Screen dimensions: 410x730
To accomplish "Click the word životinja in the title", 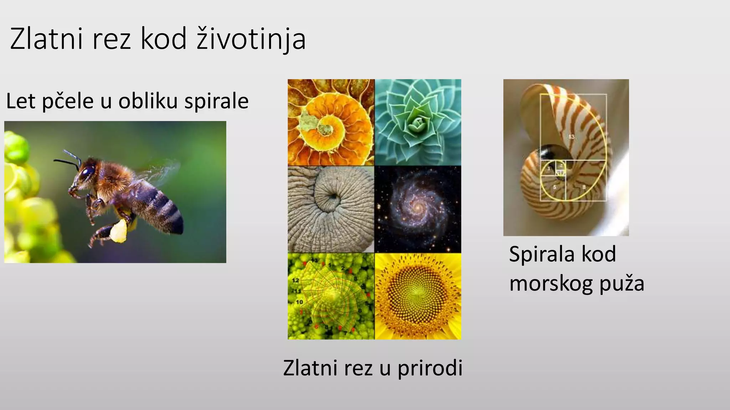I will [251, 39].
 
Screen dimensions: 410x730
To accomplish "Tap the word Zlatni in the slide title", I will [47, 39].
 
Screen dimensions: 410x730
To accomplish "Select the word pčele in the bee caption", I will [68, 101].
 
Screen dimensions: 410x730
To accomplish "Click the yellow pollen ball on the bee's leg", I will [119, 231].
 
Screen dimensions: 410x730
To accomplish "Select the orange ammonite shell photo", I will [331, 122].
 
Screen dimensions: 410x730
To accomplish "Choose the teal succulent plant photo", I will [418, 122].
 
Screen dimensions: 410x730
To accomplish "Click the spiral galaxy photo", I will [418, 209].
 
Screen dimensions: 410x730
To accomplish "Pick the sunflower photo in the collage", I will [418, 296].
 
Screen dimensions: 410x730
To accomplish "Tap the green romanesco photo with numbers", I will [331, 296].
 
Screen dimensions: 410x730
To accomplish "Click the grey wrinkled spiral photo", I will [331, 209].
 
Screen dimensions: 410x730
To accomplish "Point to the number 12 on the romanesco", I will [295, 280].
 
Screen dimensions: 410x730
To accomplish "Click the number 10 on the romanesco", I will [299, 302].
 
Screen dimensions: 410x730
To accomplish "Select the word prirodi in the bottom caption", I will [430, 368].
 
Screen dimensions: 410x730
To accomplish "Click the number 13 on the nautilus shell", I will [571, 137].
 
